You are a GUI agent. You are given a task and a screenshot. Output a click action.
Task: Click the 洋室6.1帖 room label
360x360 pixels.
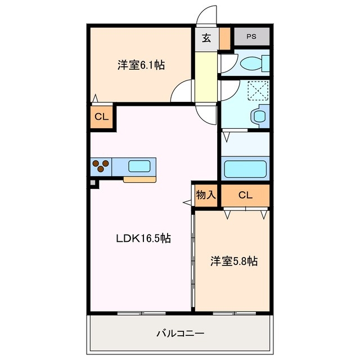pos(141,65)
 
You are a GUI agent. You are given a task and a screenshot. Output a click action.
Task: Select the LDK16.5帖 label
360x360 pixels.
pos(143,238)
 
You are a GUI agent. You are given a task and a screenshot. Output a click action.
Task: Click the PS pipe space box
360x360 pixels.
pos(251,37)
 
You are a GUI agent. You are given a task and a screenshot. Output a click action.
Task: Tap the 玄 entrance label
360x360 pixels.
pos(206,39)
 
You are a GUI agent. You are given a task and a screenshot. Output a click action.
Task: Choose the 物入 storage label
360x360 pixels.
pos(206,195)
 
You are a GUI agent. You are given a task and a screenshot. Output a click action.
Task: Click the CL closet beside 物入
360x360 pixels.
pos(245,195)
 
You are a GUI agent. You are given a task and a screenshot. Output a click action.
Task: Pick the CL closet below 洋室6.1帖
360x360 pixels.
pos(101,118)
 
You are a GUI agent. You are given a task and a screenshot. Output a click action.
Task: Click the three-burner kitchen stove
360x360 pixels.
pos(101,166)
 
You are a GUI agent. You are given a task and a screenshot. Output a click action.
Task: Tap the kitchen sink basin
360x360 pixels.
pos(139,166)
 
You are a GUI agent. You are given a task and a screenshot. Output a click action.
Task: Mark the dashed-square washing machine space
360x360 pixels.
pos(259,89)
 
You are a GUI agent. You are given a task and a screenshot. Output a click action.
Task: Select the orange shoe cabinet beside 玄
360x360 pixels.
pos(225,38)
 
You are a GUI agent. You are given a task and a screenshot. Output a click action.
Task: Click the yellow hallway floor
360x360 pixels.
pos(206,76)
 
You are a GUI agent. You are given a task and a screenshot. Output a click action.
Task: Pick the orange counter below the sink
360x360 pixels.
pos(139,179)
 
